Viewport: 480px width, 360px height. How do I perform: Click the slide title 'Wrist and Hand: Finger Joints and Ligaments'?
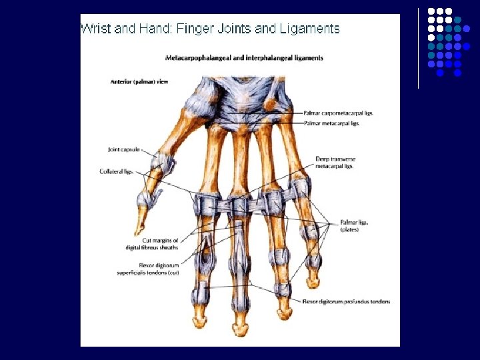210,29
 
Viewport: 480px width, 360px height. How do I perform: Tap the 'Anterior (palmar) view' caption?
139,82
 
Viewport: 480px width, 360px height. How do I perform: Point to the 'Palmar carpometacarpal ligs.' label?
338,113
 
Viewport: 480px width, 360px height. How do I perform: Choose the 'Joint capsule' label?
124,149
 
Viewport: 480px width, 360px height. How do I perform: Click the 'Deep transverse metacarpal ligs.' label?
334,163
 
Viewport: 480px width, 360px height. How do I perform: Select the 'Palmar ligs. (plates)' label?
354,226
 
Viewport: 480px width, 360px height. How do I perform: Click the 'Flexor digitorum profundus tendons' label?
347,302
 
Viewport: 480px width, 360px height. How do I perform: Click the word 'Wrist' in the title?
93,29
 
